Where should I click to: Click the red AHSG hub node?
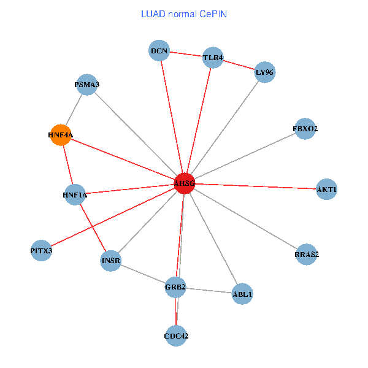184,183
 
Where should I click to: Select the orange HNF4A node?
60,135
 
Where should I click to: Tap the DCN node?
159,50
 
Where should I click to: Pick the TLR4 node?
213,58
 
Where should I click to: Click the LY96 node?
265,72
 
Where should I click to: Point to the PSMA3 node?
87,85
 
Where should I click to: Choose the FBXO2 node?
305,129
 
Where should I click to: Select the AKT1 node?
326,189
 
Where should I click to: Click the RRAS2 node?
307,254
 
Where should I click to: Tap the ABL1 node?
242,294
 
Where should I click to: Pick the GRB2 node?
175,287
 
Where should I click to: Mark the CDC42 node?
177,335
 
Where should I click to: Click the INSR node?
111,261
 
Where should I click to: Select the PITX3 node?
41,251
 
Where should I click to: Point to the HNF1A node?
75,195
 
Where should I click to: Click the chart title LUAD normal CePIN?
184,13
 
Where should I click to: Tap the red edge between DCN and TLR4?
186,55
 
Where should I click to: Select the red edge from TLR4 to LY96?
239,66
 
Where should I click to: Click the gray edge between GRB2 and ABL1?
209,291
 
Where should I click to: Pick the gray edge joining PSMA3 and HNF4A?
74,110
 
